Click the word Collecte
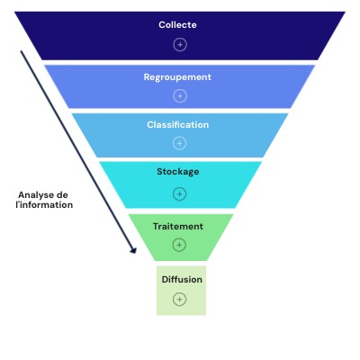[177, 24]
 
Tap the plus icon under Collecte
[180, 45]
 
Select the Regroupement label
[177, 77]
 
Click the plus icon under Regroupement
[180, 96]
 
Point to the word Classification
[178, 124]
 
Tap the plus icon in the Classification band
[179, 143]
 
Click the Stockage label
[178, 172]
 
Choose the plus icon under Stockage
[179, 193]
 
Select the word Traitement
[178, 226]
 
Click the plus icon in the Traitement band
[179, 245]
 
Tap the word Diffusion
[182, 279]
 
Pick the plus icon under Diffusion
[179, 299]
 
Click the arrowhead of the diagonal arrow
[134, 250]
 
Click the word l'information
[44, 205]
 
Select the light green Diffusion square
[181, 291]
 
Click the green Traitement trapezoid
[181, 237]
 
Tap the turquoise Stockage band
[180, 184]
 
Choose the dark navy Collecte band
[180, 36]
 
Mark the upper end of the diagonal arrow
[21, 51]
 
